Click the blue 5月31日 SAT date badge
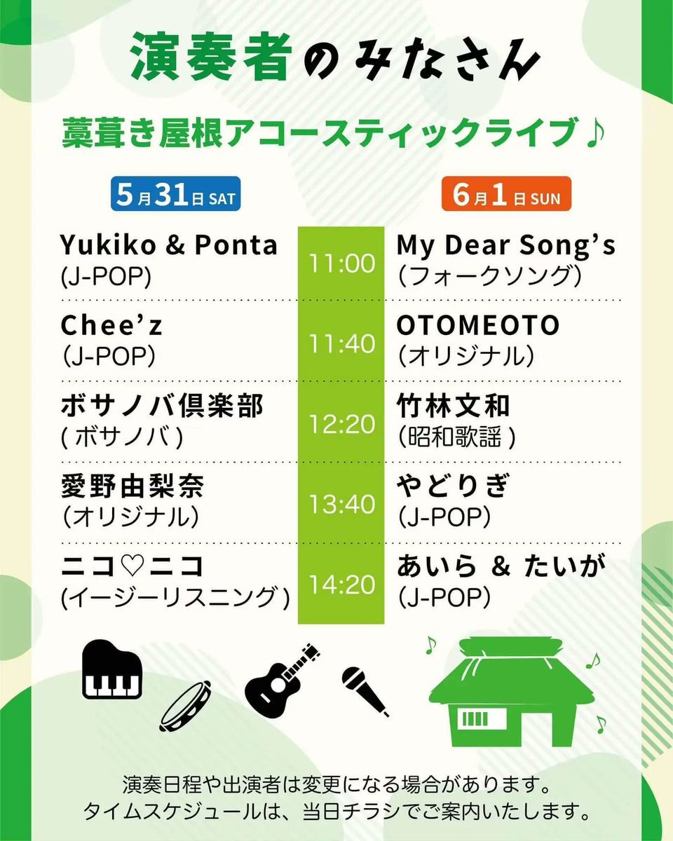(175, 194)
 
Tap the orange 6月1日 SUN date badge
(506, 194)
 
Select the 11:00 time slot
(342, 264)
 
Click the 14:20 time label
(342, 584)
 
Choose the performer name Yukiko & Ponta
(169, 245)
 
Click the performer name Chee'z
(111, 325)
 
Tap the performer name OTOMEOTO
(478, 325)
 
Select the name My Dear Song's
(506, 246)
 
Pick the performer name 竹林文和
(454, 406)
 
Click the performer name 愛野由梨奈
(132, 486)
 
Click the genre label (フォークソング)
(489, 276)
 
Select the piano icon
(112, 670)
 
